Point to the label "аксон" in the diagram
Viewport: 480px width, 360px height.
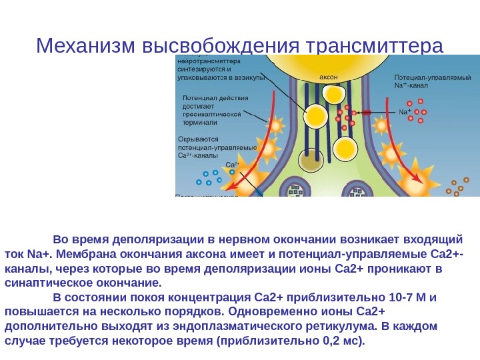click(329, 78)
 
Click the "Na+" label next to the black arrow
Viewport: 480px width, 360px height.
click(405, 112)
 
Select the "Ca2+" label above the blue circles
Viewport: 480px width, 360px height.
click(233, 164)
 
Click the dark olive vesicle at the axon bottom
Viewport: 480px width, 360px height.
click(310, 162)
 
